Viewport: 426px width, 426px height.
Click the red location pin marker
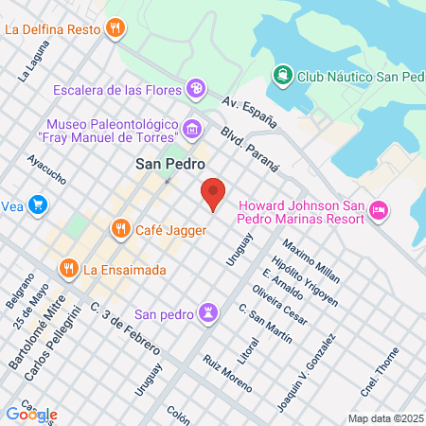[213, 194]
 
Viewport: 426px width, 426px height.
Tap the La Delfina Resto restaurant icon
[115, 27]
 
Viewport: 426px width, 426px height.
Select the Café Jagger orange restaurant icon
[120, 228]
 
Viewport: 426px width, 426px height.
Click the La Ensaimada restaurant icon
[68, 270]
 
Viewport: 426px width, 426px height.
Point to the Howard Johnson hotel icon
[379, 211]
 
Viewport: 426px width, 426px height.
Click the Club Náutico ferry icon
[282, 74]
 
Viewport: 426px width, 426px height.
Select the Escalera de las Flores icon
[196, 89]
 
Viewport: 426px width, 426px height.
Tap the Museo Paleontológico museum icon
[192, 129]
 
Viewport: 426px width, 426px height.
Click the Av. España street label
[250, 110]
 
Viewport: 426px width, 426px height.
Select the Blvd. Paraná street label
[251, 147]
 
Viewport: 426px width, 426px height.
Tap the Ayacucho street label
[46, 169]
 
